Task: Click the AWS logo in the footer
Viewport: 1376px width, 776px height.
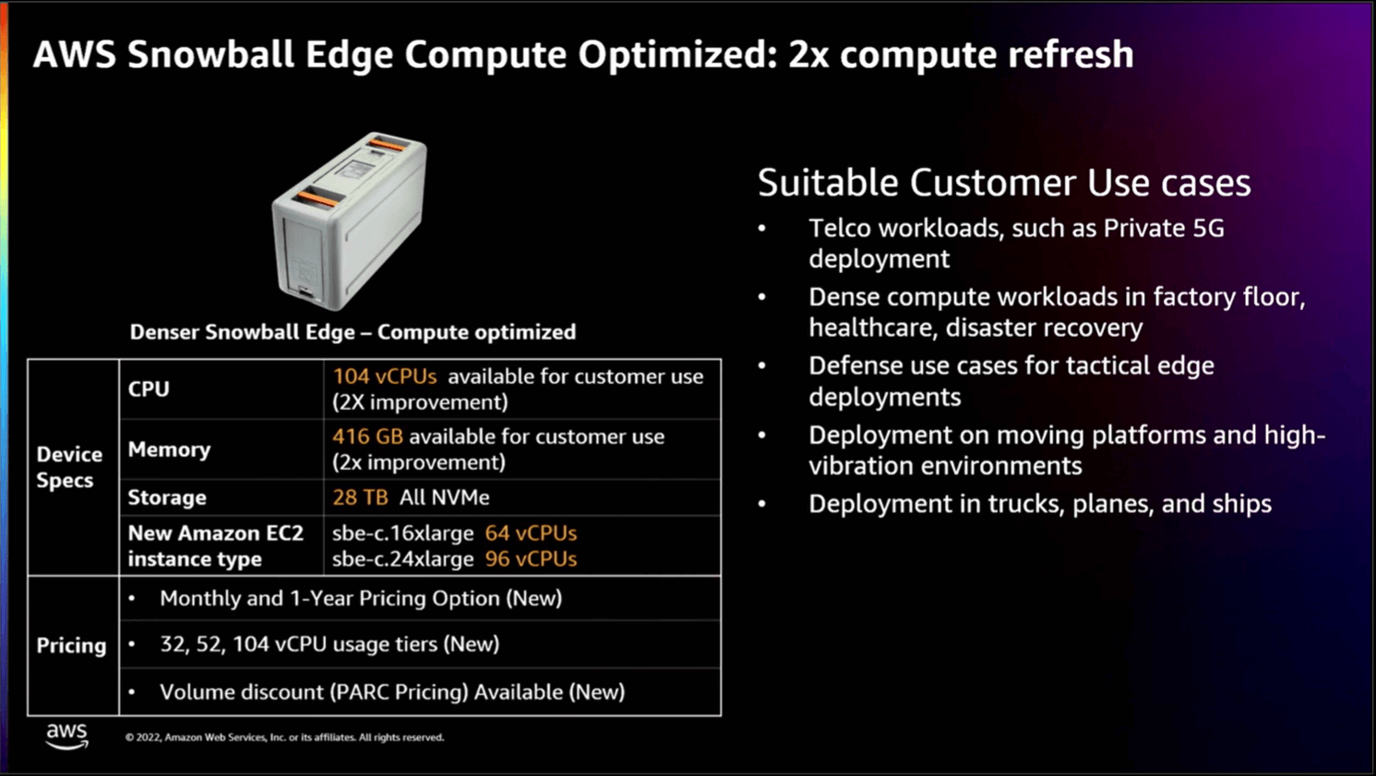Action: point(66,735)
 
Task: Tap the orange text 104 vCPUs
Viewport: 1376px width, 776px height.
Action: point(384,376)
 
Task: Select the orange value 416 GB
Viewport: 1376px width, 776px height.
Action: point(367,436)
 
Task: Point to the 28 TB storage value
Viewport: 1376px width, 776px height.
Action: point(360,497)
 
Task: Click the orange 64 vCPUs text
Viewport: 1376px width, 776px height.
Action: point(531,533)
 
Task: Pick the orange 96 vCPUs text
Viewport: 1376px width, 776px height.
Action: point(531,559)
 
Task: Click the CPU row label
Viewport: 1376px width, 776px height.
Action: point(149,389)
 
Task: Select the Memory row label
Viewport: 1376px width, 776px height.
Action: point(169,449)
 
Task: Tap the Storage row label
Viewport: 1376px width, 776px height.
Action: point(167,497)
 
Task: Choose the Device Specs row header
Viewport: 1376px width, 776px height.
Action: point(69,467)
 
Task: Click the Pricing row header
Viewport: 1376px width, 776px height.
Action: point(71,646)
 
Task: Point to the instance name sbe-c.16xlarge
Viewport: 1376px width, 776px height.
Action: point(403,533)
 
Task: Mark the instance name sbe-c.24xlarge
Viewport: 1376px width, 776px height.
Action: point(403,559)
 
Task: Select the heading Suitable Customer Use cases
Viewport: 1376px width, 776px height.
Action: point(1004,183)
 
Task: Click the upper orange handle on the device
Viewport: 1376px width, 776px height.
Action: point(389,143)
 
